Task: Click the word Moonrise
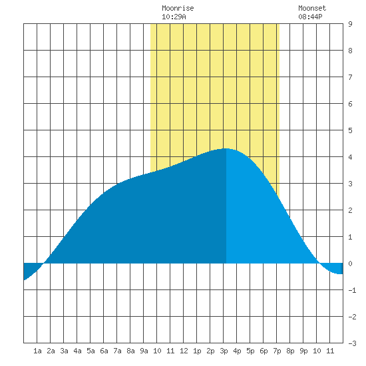point(178,8)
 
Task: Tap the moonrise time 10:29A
point(174,17)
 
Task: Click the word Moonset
point(312,8)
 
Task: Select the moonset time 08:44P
point(310,17)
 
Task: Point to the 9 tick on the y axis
point(350,24)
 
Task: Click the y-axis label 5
point(350,130)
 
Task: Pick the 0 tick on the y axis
point(350,264)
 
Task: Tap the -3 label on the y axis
point(353,343)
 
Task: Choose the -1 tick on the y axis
point(353,290)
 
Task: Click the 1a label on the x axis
point(37,351)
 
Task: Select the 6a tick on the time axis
point(104,351)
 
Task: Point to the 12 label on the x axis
point(184,351)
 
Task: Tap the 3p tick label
point(224,351)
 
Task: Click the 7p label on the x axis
point(277,351)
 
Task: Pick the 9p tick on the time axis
point(303,351)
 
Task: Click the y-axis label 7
point(350,77)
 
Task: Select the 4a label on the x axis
point(77,351)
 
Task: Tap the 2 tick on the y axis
point(350,210)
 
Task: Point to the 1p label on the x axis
point(197,351)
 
